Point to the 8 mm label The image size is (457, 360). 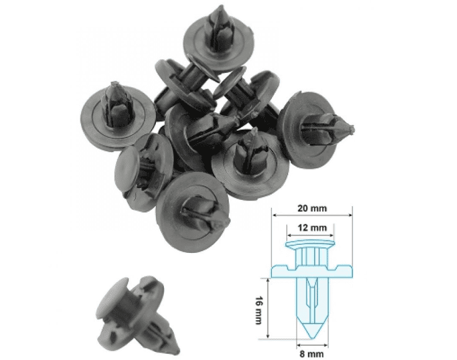(312, 352)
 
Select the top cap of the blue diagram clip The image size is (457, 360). (311, 242)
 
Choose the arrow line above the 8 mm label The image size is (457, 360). (312, 343)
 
